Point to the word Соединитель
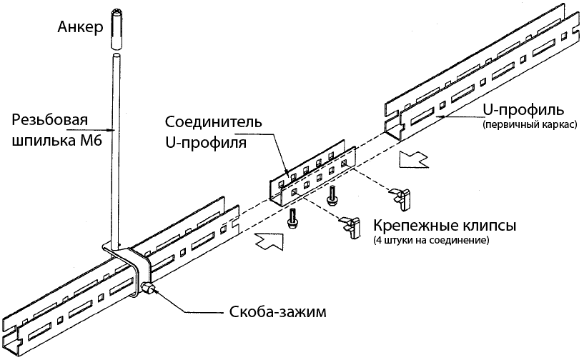(212, 121)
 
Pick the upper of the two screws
(332, 193)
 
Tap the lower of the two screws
(292, 219)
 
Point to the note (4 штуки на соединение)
(430, 241)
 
